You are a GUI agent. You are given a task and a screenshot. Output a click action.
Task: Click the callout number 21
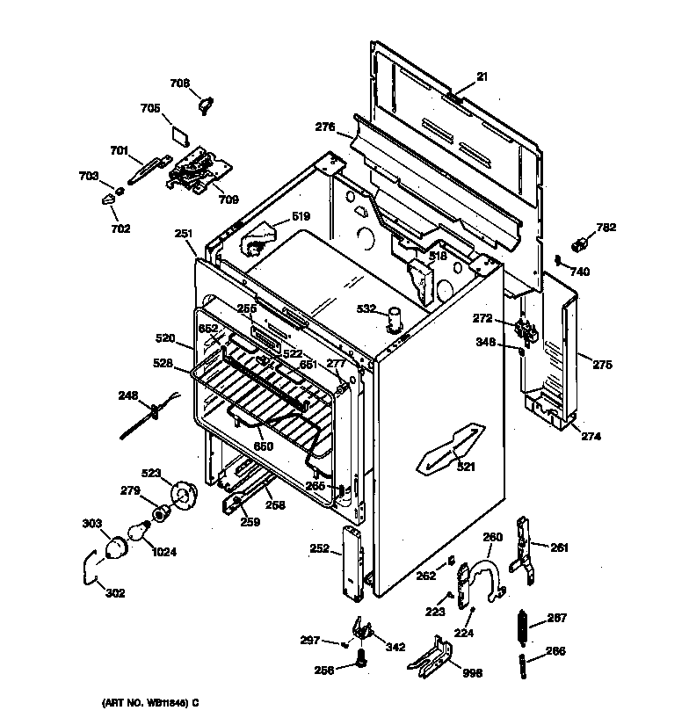point(482,77)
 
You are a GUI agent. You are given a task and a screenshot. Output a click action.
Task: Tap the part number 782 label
point(606,228)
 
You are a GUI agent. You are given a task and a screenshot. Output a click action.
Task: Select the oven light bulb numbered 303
point(115,549)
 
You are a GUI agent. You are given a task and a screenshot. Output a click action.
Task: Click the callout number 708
point(179,83)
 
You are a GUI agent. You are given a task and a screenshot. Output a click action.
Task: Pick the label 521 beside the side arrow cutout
point(465,467)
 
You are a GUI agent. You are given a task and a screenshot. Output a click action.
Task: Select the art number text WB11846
point(143,702)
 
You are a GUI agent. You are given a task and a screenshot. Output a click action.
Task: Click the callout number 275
point(602,364)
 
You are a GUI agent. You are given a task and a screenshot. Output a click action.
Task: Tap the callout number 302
point(114,593)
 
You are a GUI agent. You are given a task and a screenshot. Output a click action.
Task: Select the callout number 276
point(325,127)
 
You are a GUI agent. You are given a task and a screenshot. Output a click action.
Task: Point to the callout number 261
point(559,548)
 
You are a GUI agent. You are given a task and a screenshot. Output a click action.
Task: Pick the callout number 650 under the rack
point(264,446)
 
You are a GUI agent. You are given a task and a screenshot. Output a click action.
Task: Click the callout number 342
point(395,648)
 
